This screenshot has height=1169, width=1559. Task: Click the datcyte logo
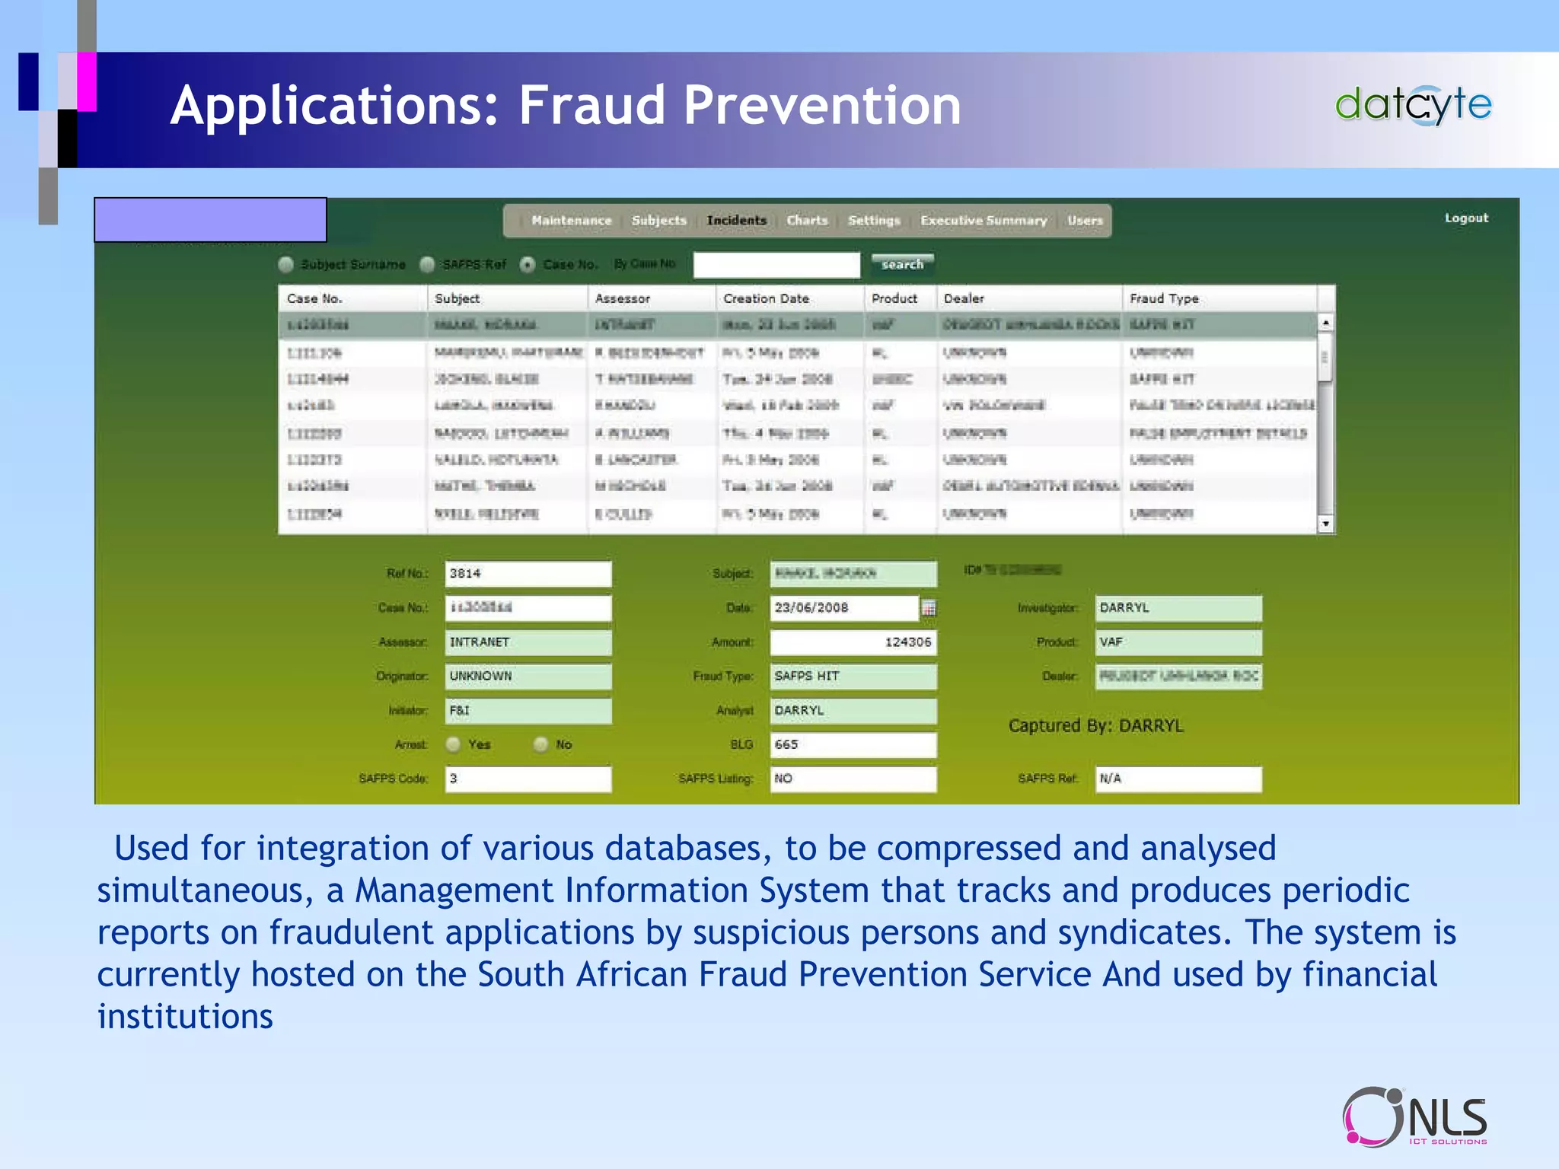(x=1413, y=105)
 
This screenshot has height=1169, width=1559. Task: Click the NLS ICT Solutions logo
(x=1414, y=1116)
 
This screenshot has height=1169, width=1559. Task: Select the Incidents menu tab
(x=736, y=221)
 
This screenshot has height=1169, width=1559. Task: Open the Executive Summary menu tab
(x=983, y=221)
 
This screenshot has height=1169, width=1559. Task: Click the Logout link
(x=1465, y=218)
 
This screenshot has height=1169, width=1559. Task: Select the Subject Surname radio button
(x=286, y=265)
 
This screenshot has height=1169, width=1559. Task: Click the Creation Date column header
(x=765, y=298)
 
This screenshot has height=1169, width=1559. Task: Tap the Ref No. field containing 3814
(x=528, y=574)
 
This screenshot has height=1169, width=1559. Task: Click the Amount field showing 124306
(x=853, y=642)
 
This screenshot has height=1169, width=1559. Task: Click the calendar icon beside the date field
(x=929, y=608)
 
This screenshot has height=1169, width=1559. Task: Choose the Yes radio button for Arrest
(x=454, y=744)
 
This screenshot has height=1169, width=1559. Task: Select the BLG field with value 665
(x=853, y=744)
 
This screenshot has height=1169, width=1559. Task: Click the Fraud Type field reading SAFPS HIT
(x=853, y=677)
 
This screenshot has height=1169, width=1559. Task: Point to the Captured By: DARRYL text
(x=1095, y=726)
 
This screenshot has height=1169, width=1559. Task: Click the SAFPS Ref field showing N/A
(x=1178, y=779)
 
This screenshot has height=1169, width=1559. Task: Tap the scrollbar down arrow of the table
(x=1325, y=524)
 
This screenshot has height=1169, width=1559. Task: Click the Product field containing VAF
(x=1178, y=642)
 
